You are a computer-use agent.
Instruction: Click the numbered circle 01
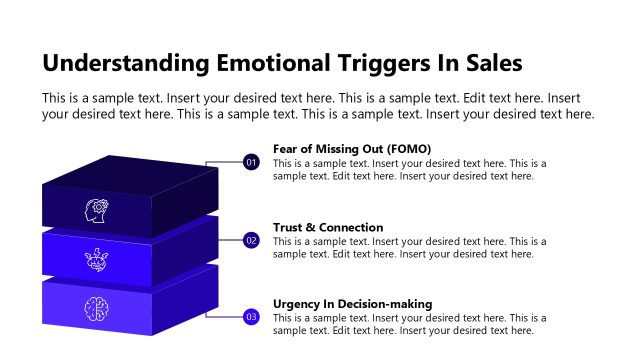click(251, 162)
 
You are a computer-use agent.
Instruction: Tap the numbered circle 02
click(251, 240)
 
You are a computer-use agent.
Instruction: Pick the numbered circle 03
click(251, 317)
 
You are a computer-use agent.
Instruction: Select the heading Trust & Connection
click(328, 227)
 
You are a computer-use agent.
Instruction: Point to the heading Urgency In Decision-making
click(352, 304)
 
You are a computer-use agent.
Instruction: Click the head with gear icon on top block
click(96, 210)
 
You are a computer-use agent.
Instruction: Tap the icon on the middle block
click(96, 259)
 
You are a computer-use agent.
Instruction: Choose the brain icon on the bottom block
click(96, 307)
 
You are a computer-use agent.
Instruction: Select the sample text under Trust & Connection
click(409, 248)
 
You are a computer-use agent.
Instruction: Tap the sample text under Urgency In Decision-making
click(409, 324)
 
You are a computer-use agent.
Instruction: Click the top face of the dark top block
click(130, 171)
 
